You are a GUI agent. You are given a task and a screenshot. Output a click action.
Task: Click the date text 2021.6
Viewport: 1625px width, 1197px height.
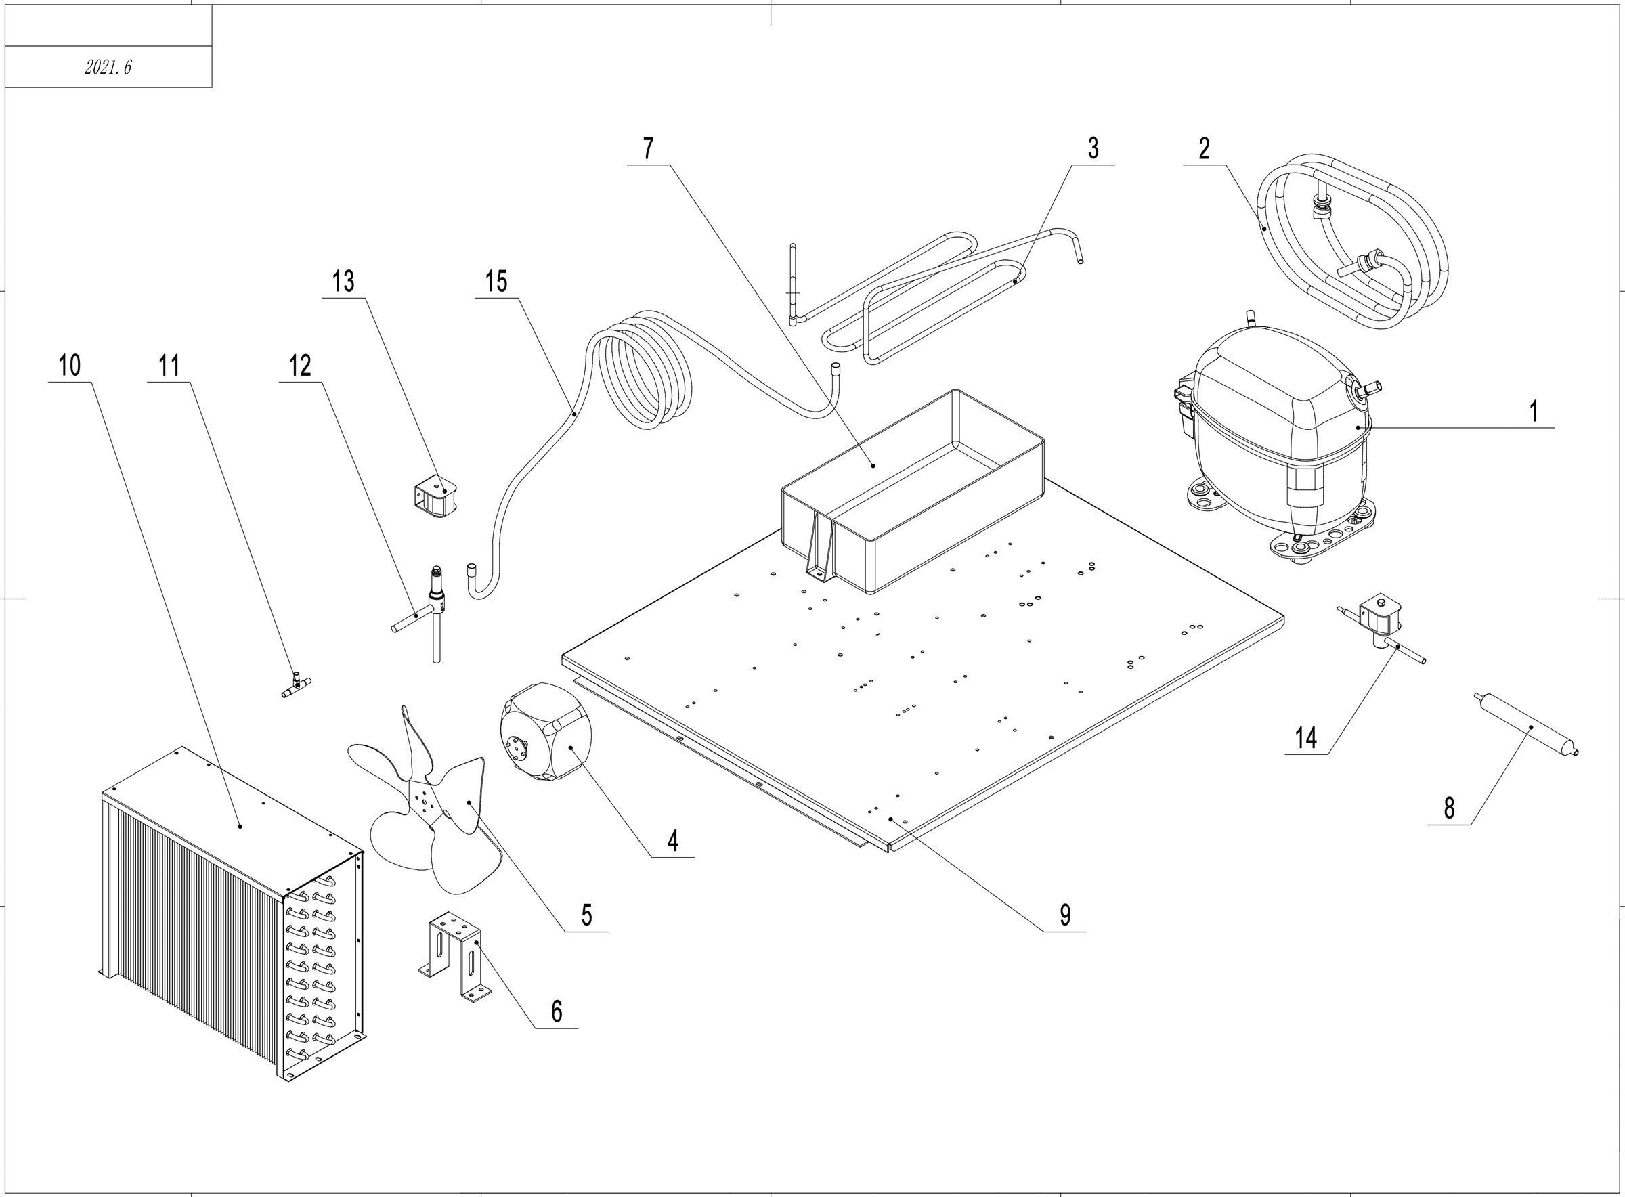click(x=108, y=68)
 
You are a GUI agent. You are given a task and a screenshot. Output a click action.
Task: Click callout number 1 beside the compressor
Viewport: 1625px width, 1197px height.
click(x=1533, y=412)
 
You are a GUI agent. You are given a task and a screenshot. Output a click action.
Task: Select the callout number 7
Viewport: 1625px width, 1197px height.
click(x=648, y=148)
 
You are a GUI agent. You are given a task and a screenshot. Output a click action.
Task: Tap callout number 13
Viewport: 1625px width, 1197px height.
click(x=343, y=281)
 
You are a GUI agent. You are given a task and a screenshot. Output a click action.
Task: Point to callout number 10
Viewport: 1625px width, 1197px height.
click(x=70, y=365)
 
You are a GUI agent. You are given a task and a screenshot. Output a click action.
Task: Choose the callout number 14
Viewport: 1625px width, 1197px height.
click(x=1305, y=739)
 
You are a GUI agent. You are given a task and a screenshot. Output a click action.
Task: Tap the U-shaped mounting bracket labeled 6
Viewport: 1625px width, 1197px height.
click(x=453, y=957)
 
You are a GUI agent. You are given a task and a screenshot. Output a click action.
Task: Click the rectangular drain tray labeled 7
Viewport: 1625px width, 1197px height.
click(x=913, y=493)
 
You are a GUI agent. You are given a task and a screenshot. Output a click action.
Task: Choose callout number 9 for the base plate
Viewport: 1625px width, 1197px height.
click(x=1064, y=915)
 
